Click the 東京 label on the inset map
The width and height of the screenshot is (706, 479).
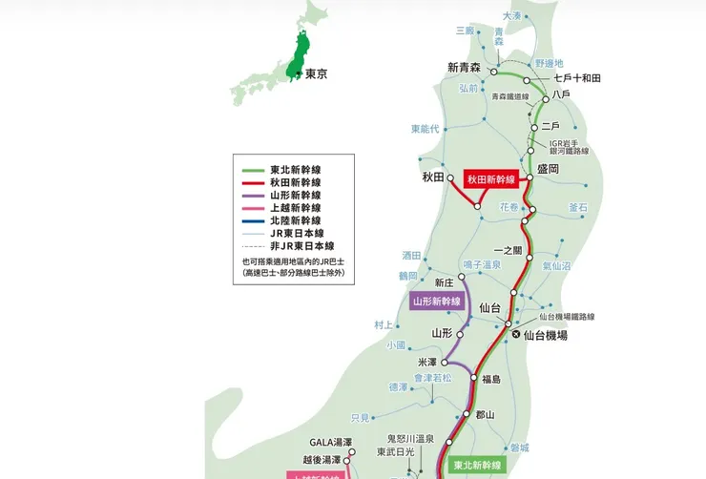pyautogui.click(x=315, y=73)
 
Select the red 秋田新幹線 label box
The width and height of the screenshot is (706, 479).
pyautogui.click(x=490, y=179)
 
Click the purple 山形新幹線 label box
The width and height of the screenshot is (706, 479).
pyautogui.click(x=437, y=301)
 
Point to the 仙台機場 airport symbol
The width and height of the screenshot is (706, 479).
pyautogui.click(x=516, y=335)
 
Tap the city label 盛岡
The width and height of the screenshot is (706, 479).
pyautogui.click(x=549, y=168)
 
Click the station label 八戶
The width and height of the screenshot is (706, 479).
pyautogui.click(x=562, y=95)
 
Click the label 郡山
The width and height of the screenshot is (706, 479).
pyautogui.click(x=486, y=415)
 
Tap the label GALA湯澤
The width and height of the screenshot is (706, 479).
pyautogui.click(x=331, y=442)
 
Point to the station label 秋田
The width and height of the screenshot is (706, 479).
pyautogui.click(x=434, y=177)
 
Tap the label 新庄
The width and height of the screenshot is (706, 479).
pyautogui.click(x=444, y=282)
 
